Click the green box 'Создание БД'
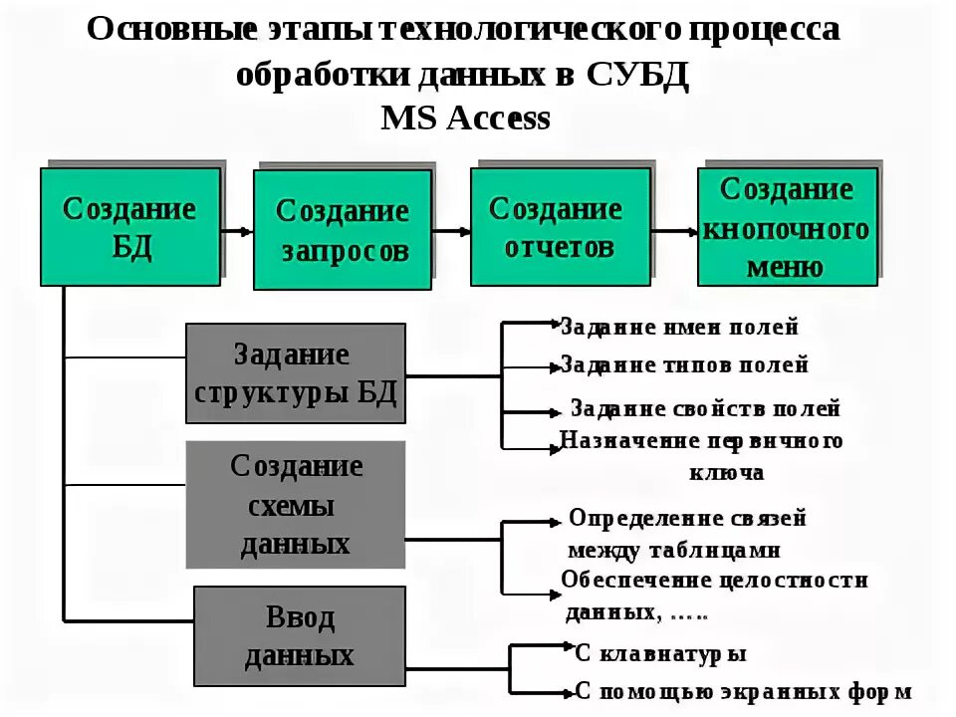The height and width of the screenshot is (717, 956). [x=129, y=227]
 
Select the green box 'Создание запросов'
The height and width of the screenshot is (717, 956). [x=343, y=230]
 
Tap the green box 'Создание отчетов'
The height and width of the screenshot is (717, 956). [x=561, y=227]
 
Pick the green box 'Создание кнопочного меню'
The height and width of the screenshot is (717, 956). [x=788, y=228]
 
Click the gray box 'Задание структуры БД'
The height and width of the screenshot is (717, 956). [x=296, y=373]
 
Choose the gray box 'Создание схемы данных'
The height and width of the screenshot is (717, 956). [x=296, y=505]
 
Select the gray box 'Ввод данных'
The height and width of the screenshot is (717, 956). [x=300, y=636]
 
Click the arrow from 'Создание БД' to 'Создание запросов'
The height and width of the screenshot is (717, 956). [x=237, y=231]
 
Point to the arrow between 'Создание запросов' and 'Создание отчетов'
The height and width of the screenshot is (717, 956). [x=451, y=231]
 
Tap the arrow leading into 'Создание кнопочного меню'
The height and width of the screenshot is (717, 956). [x=674, y=231]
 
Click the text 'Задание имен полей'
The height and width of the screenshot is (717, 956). [x=679, y=327]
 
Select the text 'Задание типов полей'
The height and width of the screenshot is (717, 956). [x=684, y=365]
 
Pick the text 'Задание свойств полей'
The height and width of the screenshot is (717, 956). [x=705, y=408]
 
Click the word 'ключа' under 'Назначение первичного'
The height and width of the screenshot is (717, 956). [x=726, y=472]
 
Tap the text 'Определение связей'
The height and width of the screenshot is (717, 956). [x=687, y=519]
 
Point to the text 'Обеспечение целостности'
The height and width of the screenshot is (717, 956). [x=714, y=581]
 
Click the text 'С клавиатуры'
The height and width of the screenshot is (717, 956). [x=661, y=654]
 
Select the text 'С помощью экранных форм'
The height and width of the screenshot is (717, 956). [x=743, y=691]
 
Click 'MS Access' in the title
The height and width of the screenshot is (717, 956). [x=465, y=118]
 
